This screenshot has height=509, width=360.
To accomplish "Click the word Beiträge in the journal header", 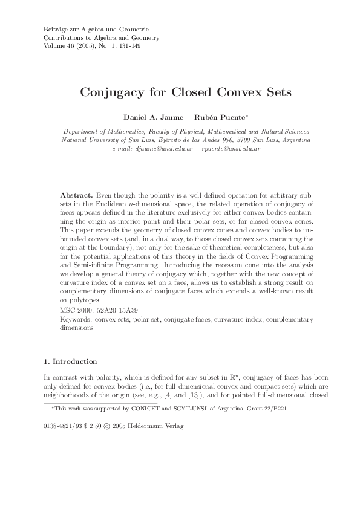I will (x=56, y=29).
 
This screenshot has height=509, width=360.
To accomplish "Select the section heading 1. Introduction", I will (x=70, y=361).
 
